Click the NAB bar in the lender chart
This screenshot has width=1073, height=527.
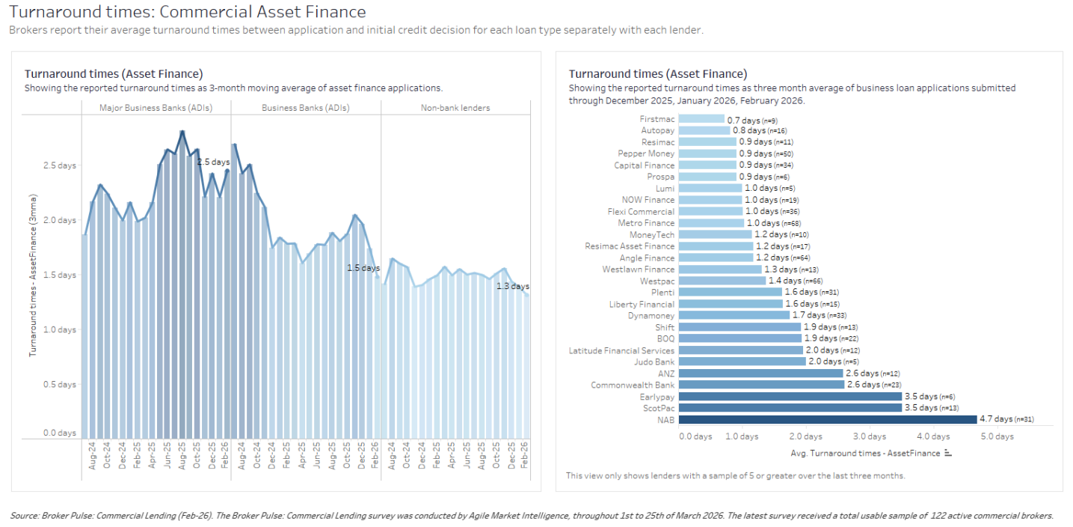(828, 419)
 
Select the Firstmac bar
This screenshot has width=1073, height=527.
(702, 119)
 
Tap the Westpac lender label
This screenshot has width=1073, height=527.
(657, 281)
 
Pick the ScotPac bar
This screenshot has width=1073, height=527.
(790, 408)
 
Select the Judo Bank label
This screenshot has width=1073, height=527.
(654, 362)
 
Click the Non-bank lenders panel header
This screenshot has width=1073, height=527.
(455, 108)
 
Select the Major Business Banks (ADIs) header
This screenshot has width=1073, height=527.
(156, 108)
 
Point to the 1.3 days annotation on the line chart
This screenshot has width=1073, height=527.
(512, 286)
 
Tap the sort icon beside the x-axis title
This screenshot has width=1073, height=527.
(947, 453)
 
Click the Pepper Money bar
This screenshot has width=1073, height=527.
(708, 153)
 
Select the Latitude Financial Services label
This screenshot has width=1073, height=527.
(621, 350)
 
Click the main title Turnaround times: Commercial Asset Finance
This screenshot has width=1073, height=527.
(188, 12)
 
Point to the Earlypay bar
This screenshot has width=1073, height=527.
(790, 396)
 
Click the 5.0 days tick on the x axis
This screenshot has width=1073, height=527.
(997, 436)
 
